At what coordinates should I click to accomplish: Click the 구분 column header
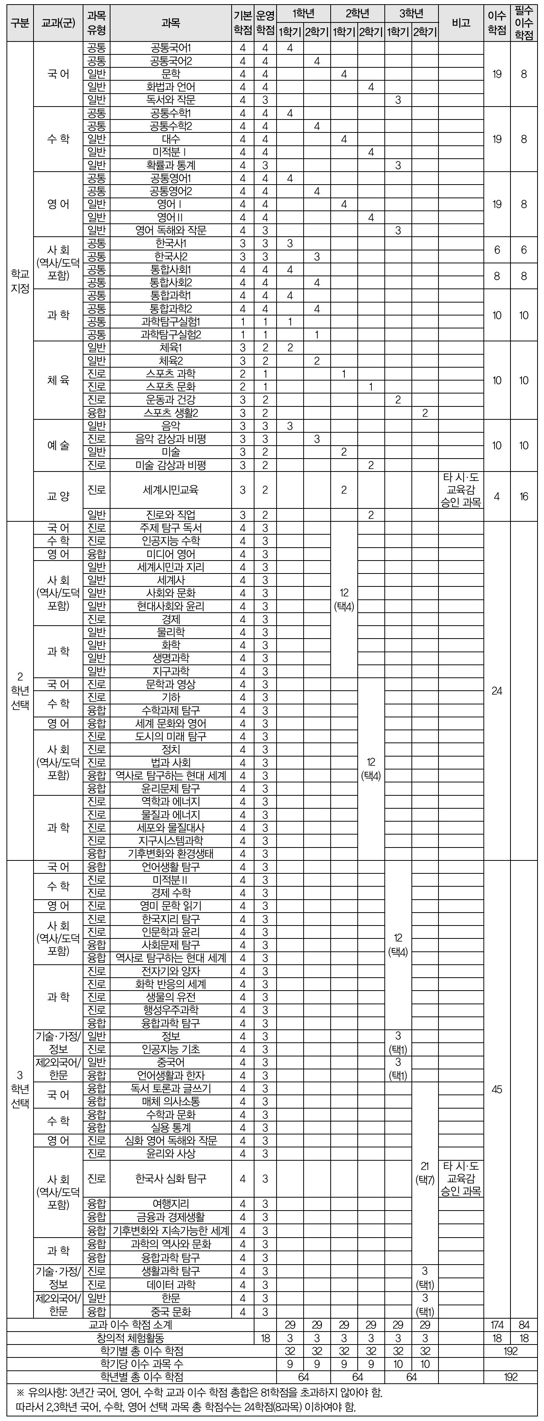pos(20,23)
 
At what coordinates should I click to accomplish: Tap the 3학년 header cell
pos(411,14)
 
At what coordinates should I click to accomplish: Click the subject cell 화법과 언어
pos(171,87)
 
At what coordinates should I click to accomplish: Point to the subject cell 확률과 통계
pos(171,165)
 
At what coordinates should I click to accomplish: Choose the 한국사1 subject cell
pos(171,243)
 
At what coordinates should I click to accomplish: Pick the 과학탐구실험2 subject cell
pos(171,334)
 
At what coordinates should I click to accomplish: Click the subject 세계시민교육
pos(171,489)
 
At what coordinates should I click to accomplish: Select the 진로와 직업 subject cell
pos(171,515)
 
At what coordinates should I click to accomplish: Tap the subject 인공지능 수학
pos(171,541)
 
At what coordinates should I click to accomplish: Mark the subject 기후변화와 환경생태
pos(171,853)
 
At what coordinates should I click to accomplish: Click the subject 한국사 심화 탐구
pos(171,1179)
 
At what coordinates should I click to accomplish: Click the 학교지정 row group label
pos(20,281)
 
